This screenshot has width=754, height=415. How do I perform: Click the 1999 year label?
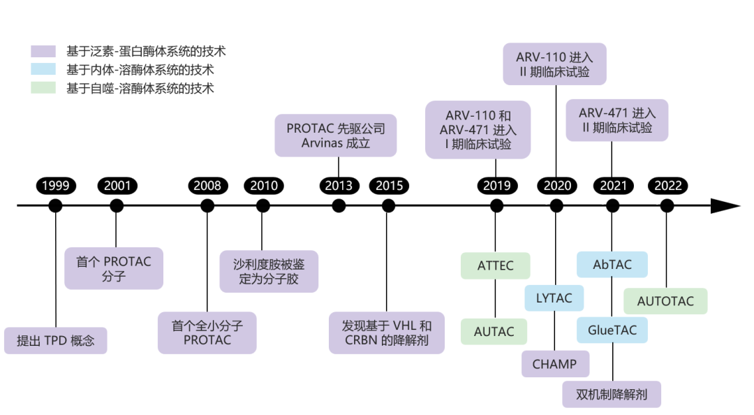[55, 186]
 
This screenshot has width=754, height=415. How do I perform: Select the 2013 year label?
[339, 186]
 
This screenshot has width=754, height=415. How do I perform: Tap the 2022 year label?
[667, 186]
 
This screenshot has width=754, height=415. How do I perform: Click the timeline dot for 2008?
[207, 206]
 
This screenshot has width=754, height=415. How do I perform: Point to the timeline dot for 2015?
[389, 206]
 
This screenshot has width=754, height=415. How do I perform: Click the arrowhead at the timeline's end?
[725, 206]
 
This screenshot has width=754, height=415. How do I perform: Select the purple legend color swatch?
[44, 52]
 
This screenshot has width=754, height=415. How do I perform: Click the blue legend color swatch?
[44, 70]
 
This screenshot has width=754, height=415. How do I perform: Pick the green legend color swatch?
[44, 89]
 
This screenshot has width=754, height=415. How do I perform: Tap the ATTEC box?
[495, 266]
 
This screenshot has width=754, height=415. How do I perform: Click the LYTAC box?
[554, 298]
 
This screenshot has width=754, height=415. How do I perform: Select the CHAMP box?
[554, 364]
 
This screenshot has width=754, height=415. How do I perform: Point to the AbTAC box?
[612, 265]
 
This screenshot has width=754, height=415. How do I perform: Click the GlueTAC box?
[612, 330]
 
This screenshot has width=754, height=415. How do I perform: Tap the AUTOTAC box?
[665, 301]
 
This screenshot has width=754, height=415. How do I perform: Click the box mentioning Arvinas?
[335, 136]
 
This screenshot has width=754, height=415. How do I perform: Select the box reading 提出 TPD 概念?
[56, 341]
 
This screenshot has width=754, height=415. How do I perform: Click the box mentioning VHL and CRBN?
[386, 333]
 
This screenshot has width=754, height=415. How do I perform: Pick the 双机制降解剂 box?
[612, 395]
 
